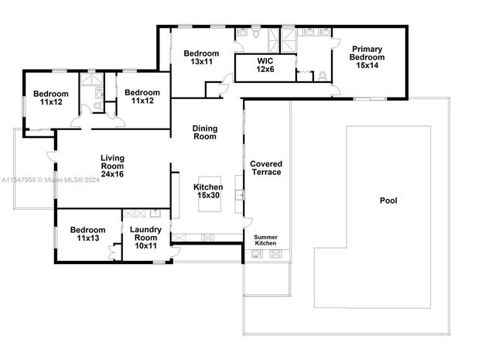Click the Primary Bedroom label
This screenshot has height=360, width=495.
[x=367, y=57]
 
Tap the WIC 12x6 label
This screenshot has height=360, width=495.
[x=265, y=65]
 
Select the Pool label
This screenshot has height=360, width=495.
[x=388, y=201]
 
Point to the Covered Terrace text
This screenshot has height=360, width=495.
[x=266, y=168]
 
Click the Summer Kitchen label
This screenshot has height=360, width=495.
[x=265, y=240]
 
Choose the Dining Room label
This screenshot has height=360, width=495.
[x=205, y=132]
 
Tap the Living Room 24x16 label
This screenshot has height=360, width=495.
[x=112, y=166]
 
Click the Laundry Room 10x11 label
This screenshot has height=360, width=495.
[x=145, y=238]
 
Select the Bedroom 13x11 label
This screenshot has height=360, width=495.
[x=201, y=57]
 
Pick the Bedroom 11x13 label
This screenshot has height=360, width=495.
[x=87, y=234]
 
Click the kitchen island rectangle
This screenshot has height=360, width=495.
[x=210, y=194]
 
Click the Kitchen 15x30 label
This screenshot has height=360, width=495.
[x=208, y=191]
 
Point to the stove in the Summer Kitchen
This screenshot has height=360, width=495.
[x=275, y=254]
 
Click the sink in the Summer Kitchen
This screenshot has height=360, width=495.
[x=257, y=254]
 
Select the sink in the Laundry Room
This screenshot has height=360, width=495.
[x=155, y=214]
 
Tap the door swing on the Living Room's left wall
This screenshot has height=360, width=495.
[x=52, y=156]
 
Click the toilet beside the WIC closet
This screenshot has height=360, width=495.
[x=323, y=76]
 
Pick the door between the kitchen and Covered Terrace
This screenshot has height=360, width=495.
[x=247, y=222]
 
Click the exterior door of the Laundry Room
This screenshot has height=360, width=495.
[x=176, y=252]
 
